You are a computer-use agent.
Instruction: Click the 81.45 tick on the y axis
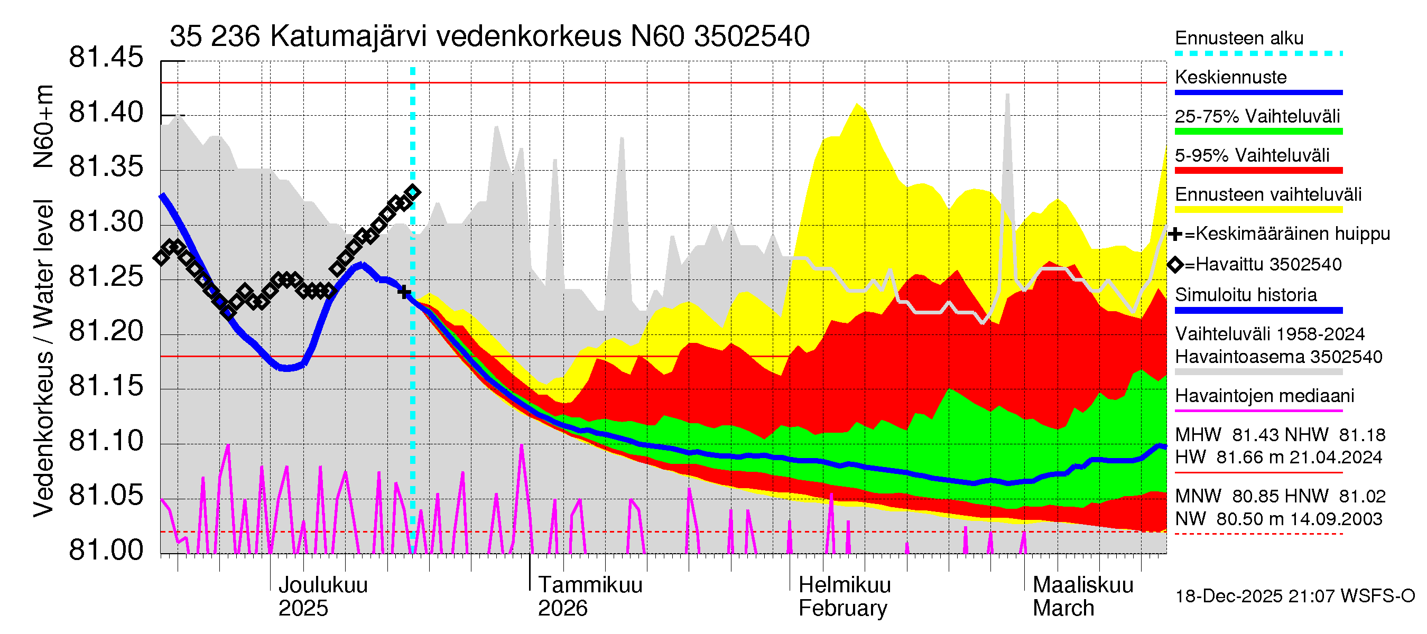(105, 58)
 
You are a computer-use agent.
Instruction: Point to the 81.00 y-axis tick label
(105, 551)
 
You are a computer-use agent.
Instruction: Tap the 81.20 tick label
(105, 332)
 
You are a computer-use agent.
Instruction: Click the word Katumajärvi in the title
(348, 36)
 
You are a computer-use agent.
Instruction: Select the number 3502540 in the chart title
(751, 36)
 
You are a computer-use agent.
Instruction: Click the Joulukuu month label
(322, 585)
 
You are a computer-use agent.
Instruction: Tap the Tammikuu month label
(590, 585)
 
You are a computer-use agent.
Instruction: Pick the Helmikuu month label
(844, 585)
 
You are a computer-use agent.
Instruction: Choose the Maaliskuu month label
(1082, 585)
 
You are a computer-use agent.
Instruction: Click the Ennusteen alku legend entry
(1239, 38)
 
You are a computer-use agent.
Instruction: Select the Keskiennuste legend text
(1230, 78)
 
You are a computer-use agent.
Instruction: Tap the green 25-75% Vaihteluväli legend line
(1258, 132)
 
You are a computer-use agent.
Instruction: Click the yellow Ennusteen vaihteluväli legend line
(1258, 210)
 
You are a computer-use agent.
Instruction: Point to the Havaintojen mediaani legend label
(1264, 396)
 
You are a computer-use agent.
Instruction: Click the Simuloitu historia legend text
(1245, 295)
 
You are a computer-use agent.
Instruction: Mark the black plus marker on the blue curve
(404, 291)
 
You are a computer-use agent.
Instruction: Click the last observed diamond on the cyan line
(413, 192)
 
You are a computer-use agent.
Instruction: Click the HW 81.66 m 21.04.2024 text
(1278, 458)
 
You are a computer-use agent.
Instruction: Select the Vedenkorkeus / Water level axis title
(43, 359)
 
